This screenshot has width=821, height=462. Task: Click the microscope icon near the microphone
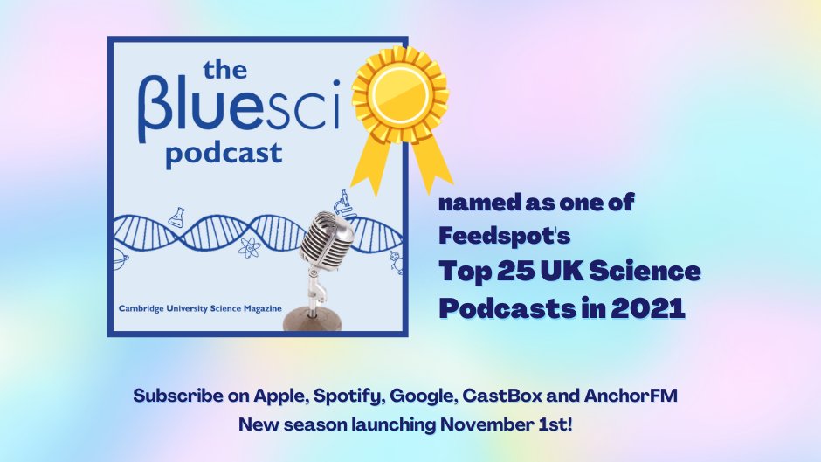[x=343, y=203]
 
